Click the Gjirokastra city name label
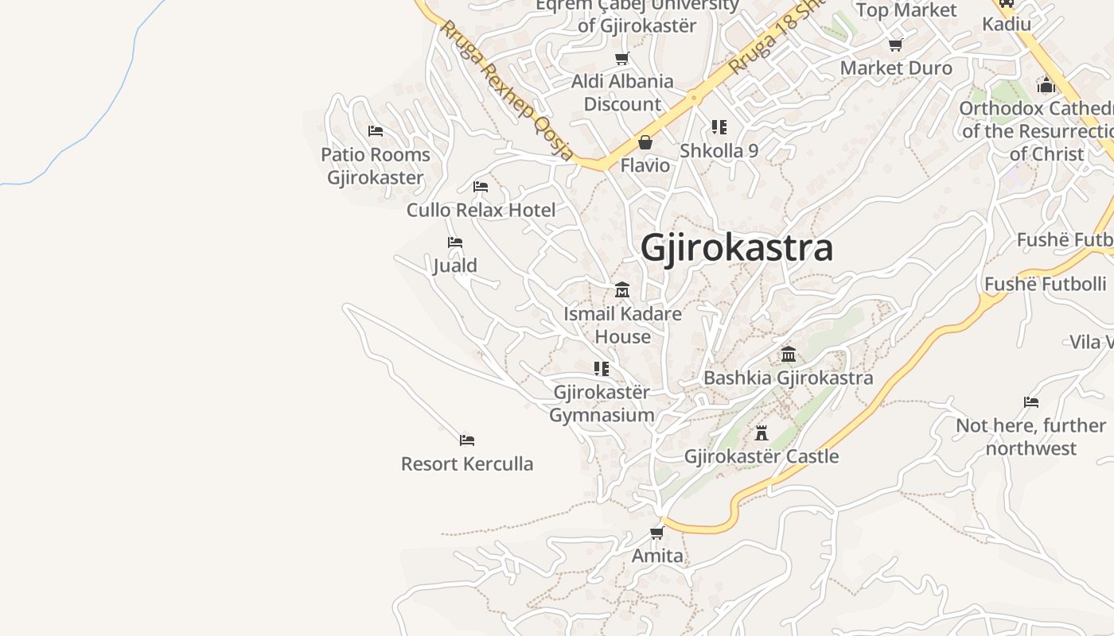point(737,247)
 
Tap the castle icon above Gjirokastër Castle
point(761,433)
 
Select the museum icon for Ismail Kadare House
point(622,290)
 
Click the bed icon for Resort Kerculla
point(467,440)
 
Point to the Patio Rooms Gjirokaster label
point(376,165)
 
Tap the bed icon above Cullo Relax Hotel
point(481,187)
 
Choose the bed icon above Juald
point(455,242)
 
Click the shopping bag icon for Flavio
point(645,143)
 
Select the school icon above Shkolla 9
point(719,127)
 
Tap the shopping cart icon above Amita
point(657,533)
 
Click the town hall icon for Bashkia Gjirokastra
point(789,355)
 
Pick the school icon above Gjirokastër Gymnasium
point(602,369)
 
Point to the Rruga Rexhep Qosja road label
point(506,90)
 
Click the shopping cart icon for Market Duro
point(896,45)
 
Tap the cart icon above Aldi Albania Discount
point(622,58)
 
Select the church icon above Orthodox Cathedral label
point(1046,85)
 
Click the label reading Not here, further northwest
point(1030,436)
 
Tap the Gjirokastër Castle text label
point(761,456)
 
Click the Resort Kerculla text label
point(467,463)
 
